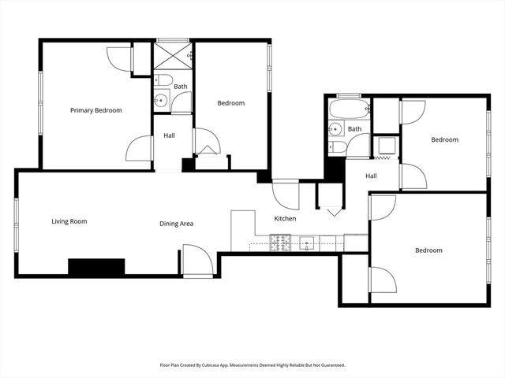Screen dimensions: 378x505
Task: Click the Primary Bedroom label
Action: [95, 110]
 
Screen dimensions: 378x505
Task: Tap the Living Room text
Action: [69, 221]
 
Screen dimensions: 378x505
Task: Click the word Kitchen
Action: [285, 218]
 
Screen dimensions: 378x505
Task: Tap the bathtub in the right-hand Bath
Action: [347, 109]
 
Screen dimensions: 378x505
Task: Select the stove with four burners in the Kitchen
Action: [281, 244]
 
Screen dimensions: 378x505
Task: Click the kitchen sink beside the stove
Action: [308, 243]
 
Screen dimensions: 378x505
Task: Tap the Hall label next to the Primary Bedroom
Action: [169, 135]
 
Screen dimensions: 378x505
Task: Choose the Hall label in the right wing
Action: [371, 176]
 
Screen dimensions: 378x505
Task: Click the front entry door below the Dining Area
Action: [197, 261]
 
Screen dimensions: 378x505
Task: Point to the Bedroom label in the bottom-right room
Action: [428, 250]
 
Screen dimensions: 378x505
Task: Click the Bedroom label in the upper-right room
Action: [444, 140]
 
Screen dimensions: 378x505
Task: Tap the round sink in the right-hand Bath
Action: [336, 129]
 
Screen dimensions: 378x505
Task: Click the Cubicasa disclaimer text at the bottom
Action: [252, 365]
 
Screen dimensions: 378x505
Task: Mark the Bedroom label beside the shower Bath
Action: [231, 103]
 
